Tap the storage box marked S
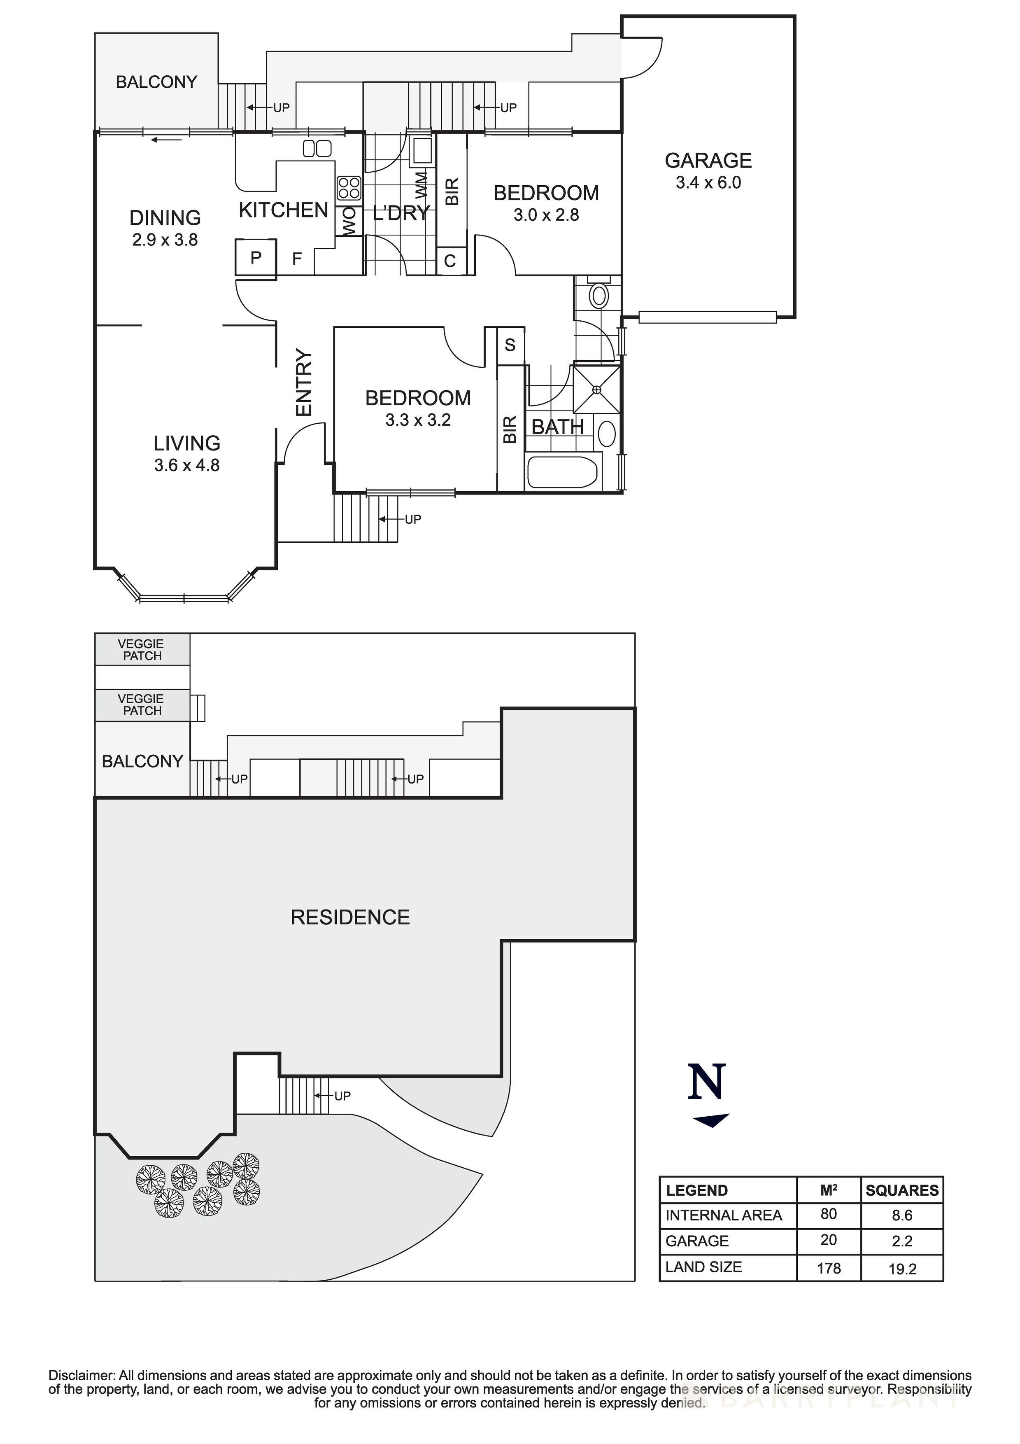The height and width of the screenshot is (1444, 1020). coord(510,345)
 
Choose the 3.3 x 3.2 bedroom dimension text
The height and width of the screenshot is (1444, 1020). coord(418,420)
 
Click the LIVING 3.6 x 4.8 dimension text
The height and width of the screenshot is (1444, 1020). coord(187,465)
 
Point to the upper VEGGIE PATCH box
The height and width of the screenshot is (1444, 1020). coord(142,650)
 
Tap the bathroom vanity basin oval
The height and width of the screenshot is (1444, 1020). coord(607,433)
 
